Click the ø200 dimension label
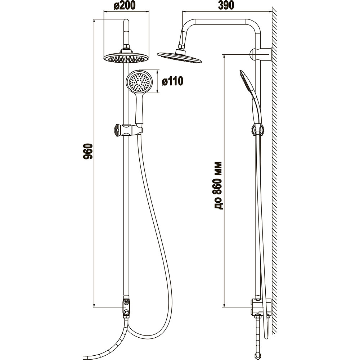click(125, 5)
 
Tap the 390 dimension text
click(226, 5)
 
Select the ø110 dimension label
click(172, 81)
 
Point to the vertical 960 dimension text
click(87, 152)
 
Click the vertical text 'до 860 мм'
click(218, 185)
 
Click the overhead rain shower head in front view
click(126, 57)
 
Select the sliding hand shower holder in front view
click(127, 131)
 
